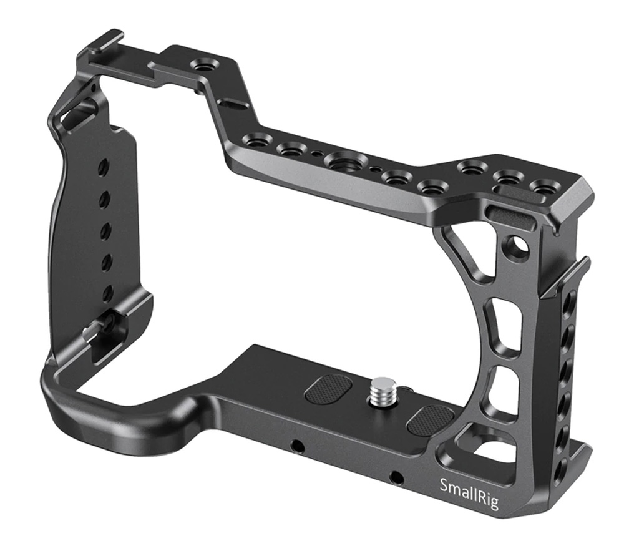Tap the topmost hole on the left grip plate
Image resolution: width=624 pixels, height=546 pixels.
click(104, 165)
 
